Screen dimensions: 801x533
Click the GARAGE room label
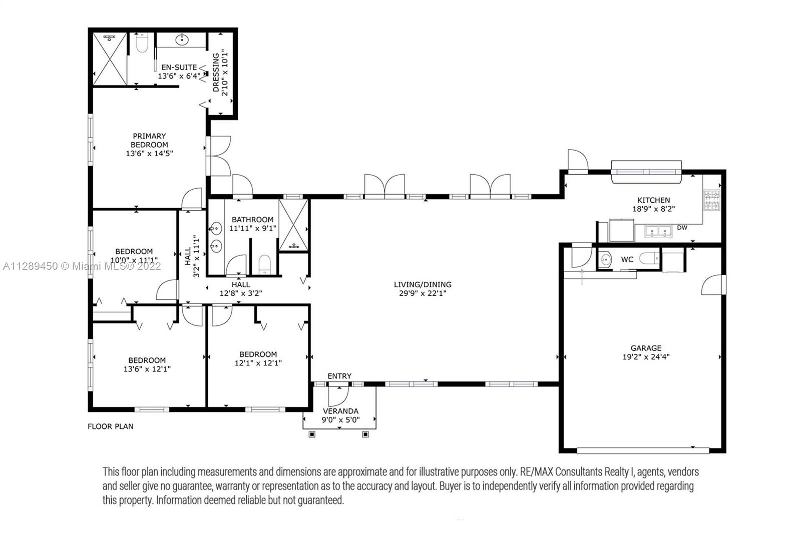(646, 348)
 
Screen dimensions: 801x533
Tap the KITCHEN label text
(653, 200)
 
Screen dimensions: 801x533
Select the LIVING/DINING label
(423, 285)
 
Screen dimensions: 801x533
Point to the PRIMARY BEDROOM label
(149, 141)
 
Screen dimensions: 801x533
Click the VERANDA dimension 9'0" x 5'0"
(340, 420)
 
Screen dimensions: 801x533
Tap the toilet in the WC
(649, 258)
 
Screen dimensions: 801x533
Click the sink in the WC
(605, 259)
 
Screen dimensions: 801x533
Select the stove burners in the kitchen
(711, 200)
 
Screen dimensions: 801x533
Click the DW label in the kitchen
(682, 228)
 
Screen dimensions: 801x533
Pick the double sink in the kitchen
(658, 231)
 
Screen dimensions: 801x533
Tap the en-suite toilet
(142, 43)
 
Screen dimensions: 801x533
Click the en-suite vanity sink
(182, 40)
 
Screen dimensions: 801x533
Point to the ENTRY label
(339, 376)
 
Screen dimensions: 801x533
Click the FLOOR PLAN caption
(111, 426)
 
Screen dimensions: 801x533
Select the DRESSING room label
(216, 73)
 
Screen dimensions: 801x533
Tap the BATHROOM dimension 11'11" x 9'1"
(252, 228)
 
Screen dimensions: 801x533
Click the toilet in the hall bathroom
(265, 264)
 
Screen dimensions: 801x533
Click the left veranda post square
(312, 434)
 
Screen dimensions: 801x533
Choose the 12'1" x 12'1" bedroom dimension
(258, 363)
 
